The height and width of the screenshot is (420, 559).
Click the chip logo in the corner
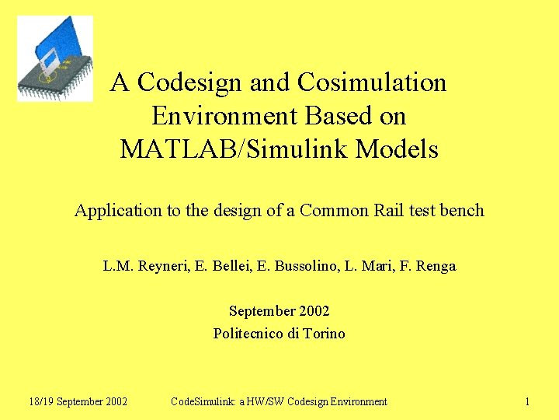pyautogui.click(x=54, y=58)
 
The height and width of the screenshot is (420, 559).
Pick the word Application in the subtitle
pyautogui.click(x=113, y=211)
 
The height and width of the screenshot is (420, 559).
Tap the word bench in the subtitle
pyautogui.click(x=463, y=211)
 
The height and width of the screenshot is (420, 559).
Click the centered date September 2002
pyautogui.click(x=279, y=311)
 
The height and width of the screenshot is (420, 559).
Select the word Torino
pyautogui.click(x=325, y=334)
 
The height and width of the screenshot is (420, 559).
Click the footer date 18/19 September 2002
pyautogui.click(x=78, y=401)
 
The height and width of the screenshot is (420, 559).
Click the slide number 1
pyautogui.click(x=527, y=401)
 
